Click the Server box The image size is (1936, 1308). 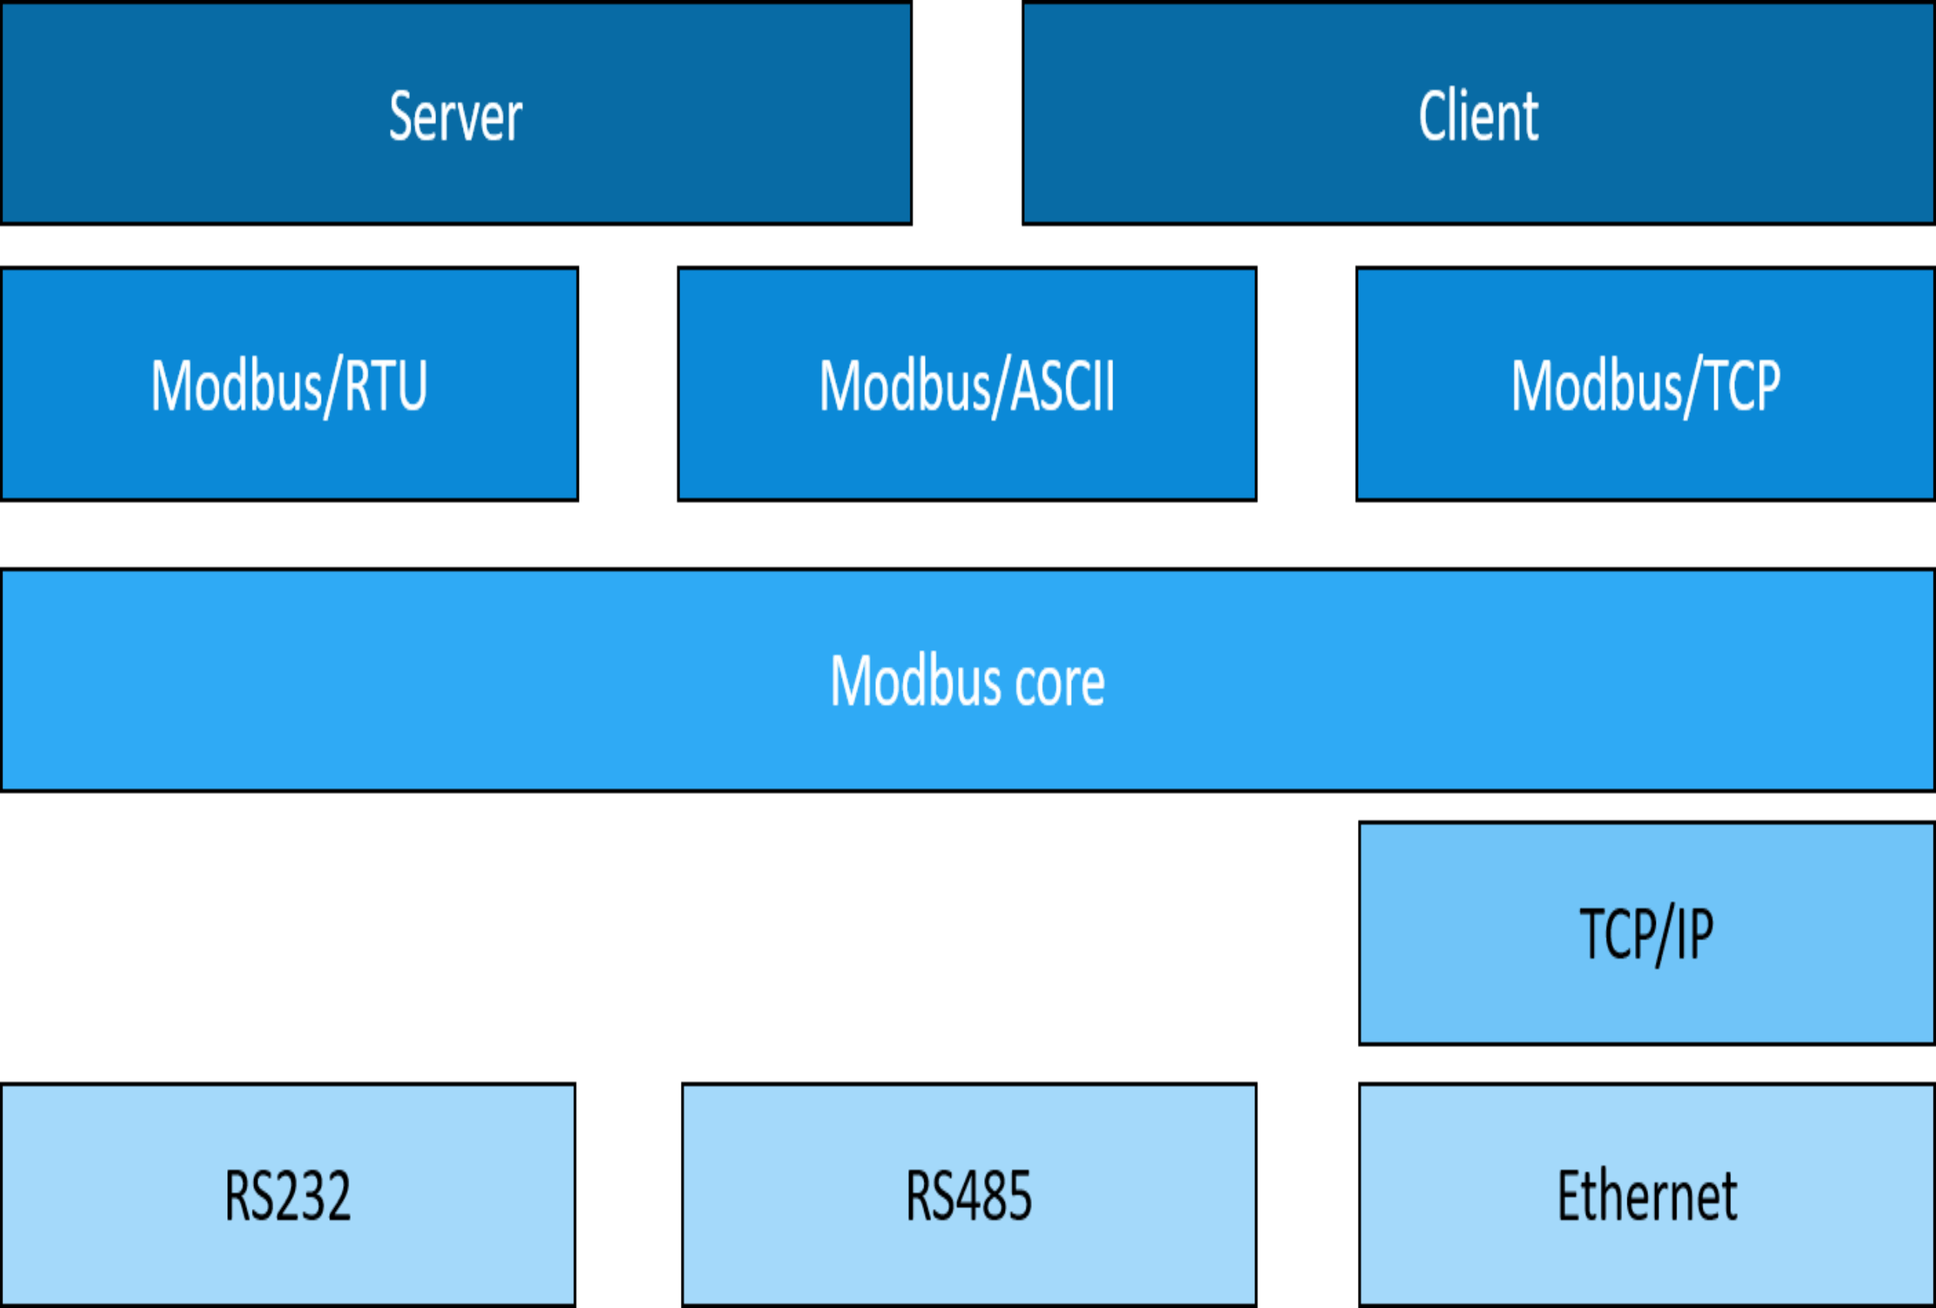[456, 114]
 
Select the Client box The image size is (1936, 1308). [1478, 114]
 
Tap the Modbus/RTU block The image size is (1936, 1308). [289, 384]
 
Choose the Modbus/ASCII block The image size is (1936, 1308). [966, 384]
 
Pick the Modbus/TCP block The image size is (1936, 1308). [1645, 384]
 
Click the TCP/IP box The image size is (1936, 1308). [1646, 933]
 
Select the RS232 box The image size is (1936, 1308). [287, 1194]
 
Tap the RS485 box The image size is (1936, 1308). [969, 1194]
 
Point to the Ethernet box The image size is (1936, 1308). [1646, 1194]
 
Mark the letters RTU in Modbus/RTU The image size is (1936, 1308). [385, 386]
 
